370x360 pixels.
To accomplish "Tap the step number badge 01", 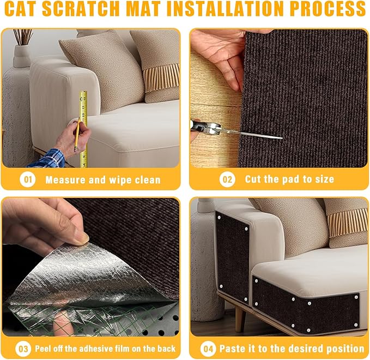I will coord(27,179).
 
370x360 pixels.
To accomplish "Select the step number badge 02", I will coord(227,179).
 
